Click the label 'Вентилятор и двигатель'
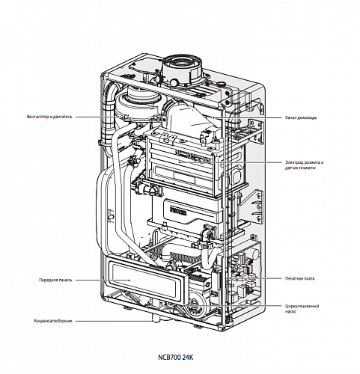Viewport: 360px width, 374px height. [x=49, y=117]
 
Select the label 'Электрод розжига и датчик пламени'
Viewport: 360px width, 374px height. [x=307, y=165]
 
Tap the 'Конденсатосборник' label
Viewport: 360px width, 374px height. [x=55, y=322]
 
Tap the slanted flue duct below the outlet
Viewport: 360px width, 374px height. [x=191, y=112]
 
